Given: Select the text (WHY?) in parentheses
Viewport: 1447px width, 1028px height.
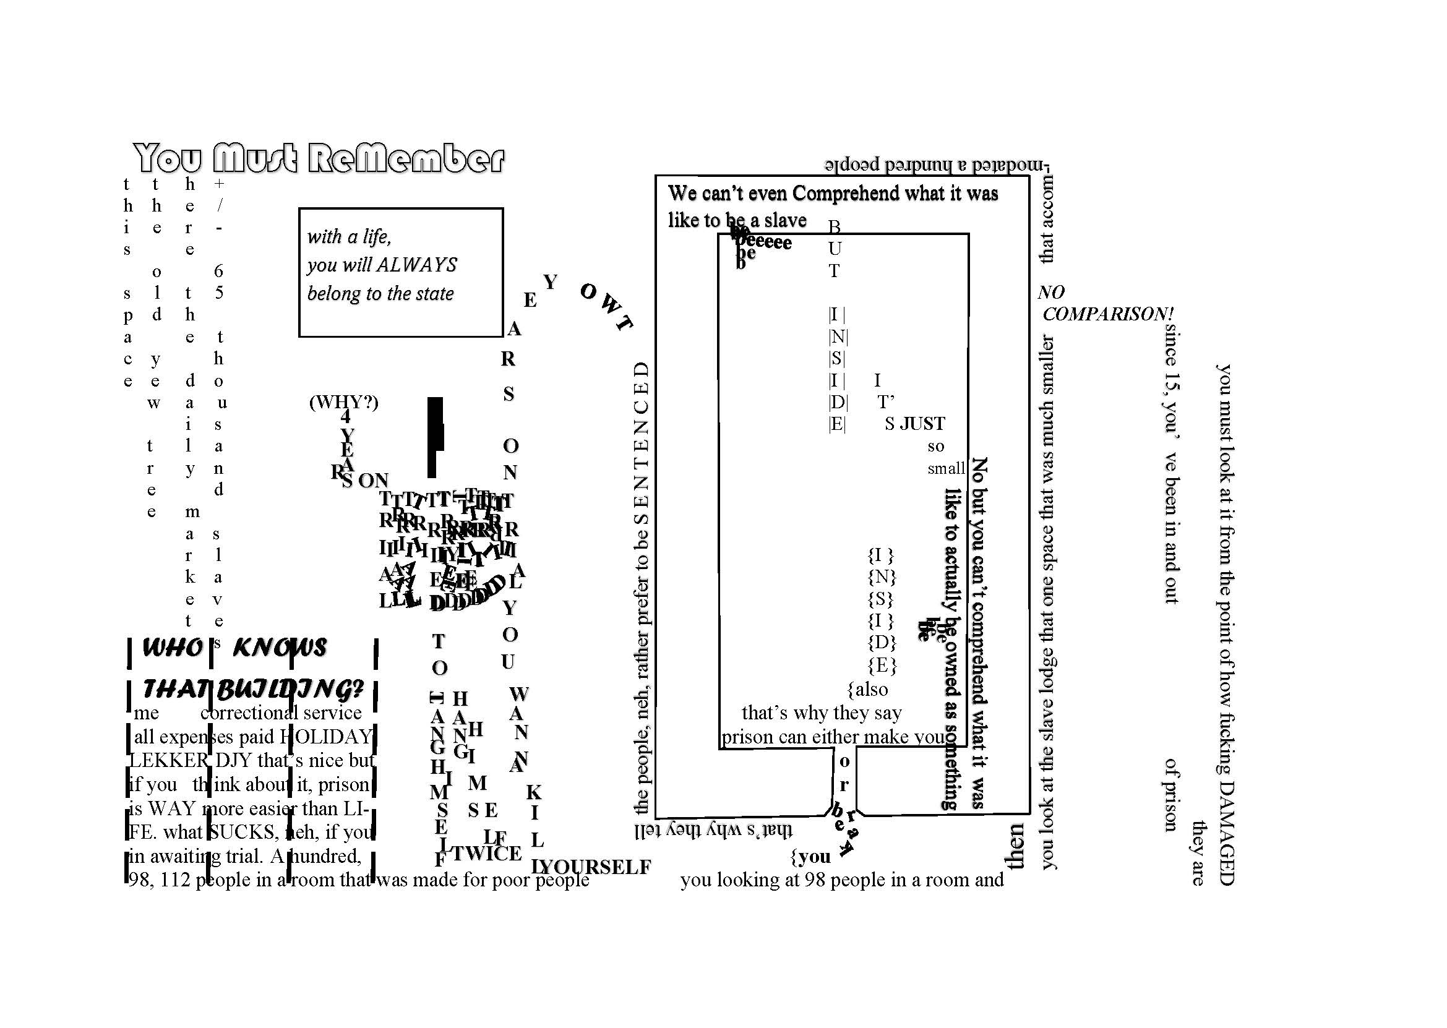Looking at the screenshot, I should (343, 402).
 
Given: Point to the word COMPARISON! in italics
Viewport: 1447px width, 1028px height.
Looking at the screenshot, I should (1108, 314).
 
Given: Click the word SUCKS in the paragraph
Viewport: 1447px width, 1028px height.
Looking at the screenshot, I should (243, 832).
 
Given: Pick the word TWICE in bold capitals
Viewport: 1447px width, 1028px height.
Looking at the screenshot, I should (487, 854).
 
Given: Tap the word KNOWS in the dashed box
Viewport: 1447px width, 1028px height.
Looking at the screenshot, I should (280, 648).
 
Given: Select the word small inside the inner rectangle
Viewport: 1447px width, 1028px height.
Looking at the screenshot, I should (947, 468).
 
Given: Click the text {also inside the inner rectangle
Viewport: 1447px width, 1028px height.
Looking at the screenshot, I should (868, 689).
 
